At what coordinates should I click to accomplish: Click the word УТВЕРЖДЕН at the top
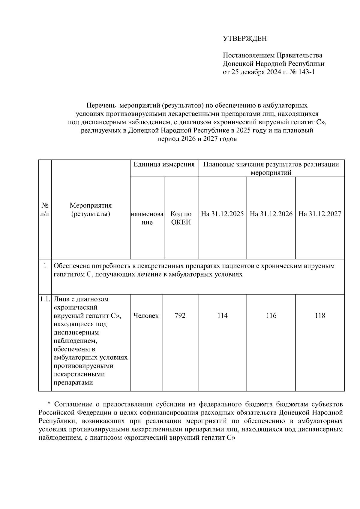244,38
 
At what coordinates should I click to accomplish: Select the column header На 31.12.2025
222,214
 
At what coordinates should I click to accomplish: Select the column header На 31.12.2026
271,214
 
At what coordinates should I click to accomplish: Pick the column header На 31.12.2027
320,214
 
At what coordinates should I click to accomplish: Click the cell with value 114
222,316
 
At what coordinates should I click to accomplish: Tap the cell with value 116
271,316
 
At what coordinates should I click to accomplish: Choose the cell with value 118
320,316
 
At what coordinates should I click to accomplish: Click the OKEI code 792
180,316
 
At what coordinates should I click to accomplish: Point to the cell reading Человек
146,316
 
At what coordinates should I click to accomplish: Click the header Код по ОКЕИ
181,218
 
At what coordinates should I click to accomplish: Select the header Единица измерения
164,164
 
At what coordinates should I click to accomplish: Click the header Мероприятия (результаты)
91,210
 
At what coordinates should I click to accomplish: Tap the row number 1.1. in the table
45,299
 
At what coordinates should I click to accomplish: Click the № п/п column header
45,210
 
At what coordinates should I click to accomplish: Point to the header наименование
147,218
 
